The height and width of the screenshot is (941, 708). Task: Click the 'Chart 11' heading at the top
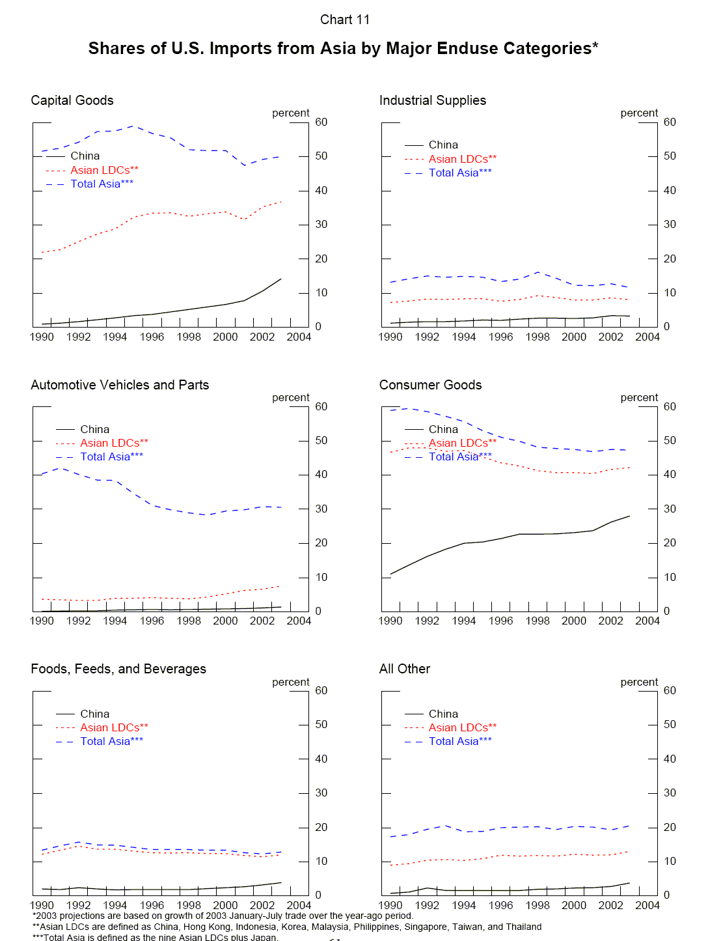coord(345,20)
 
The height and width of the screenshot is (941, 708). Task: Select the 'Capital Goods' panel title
coord(72,100)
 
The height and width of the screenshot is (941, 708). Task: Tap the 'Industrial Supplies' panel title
coord(433,100)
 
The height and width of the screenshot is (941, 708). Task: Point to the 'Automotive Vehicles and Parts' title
coord(120,385)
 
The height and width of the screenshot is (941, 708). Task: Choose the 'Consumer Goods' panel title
coord(430,385)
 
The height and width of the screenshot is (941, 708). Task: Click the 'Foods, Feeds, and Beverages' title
coord(118,669)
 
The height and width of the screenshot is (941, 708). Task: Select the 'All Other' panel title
coord(405,669)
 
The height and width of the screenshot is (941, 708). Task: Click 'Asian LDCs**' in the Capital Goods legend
coord(104,170)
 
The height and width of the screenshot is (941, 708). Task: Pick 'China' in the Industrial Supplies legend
coord(443,145)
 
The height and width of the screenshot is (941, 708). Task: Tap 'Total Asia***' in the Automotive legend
coord(111,456)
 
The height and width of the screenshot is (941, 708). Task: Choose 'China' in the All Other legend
coord(443,714)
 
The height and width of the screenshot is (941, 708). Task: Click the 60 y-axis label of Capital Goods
coord(321,122)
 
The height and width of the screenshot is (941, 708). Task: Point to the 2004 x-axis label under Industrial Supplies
coord(647,337)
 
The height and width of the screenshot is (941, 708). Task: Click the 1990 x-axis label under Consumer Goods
coord(390,621)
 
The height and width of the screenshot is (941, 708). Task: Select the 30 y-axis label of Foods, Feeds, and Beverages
coord(321,793)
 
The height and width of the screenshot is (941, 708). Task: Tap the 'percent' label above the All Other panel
coord(639,682)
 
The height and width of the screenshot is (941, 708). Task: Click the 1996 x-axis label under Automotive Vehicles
coord(152,621)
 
